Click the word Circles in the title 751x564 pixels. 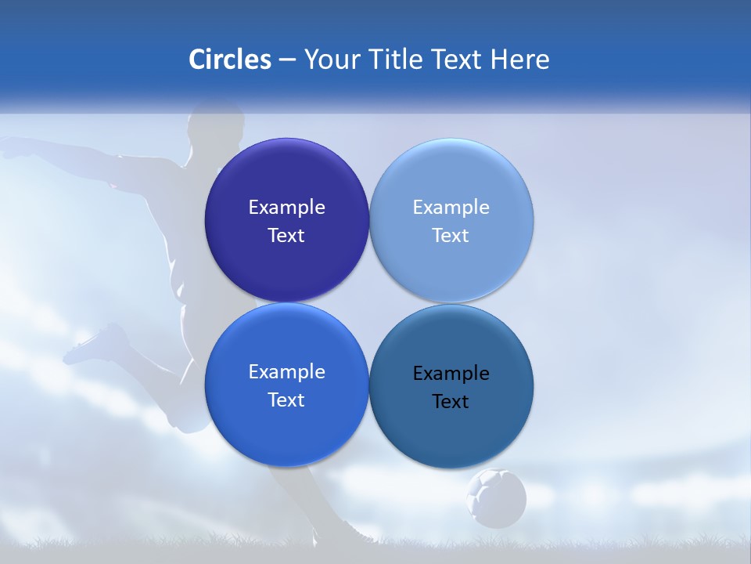tap(230, 59)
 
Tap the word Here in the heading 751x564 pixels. tap(519, 59)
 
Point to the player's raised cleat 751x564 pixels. tap(97, 345)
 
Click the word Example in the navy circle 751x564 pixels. tap(286, 208)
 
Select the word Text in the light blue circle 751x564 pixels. tap(451, 236)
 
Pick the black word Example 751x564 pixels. tap(451, 374)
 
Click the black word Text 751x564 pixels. tap(451, 402)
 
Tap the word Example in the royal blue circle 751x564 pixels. tap(286, 372)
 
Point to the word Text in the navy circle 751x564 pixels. tap(286, 236)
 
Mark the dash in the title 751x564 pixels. tap(287, 60)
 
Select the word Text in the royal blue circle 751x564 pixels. tap(286, 400)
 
